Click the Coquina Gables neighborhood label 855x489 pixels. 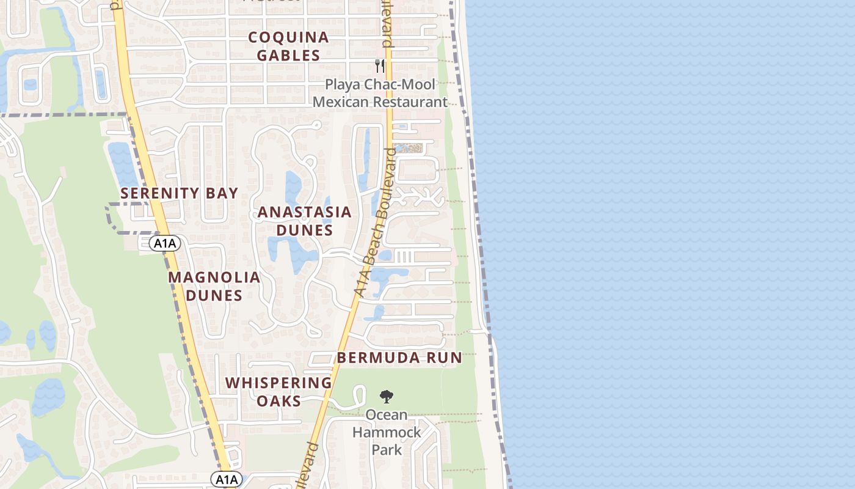[288, 46]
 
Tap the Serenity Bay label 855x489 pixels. [179, 193]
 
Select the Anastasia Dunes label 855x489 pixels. [304, 221]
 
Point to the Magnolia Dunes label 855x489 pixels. [214, 286]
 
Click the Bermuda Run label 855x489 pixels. [399, 358]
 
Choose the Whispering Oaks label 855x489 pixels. [278, 392]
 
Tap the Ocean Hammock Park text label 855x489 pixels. [387, 432]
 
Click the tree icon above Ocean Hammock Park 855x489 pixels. [386, 397]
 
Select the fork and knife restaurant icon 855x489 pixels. [380, 66]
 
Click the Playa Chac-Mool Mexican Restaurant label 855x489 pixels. [380, 94]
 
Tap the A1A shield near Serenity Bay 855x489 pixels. [164, 244]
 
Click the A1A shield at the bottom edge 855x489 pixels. [228, 479]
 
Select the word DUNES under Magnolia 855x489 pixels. [214, 295]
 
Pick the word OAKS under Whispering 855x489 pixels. [278, 401]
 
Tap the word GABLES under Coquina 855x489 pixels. [288, 55]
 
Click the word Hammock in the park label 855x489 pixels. [387, 433]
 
